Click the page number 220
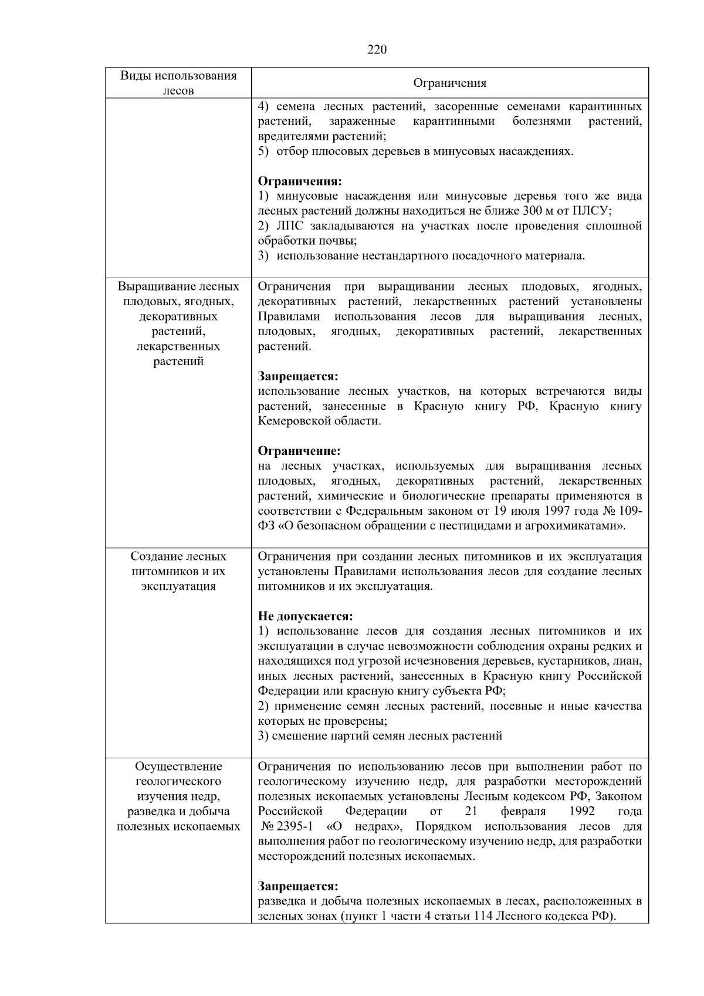(377, 49)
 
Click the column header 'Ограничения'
(449, 83)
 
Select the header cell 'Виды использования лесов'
(178, 83)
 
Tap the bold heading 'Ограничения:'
(300, 181)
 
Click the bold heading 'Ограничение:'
(299, 451)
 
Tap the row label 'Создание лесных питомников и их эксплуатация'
(178, 571)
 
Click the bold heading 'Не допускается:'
(306, 616)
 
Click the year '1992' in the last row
(581, 811)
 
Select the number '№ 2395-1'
(287, 826)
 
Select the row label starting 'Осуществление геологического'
(178, 796)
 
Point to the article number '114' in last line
(485, 916)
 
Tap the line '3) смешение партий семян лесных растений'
(380, 735)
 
